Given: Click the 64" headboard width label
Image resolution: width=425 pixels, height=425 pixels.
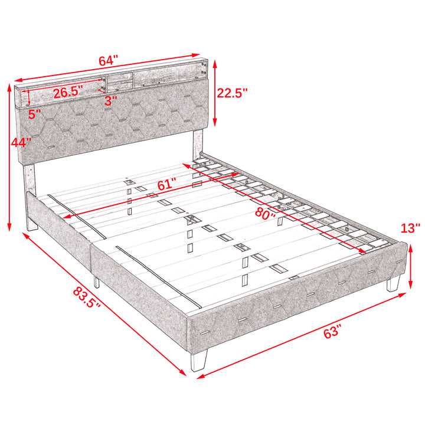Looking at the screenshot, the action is tap(109, 61).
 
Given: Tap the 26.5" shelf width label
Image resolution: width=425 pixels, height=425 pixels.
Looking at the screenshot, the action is tap(68, 92).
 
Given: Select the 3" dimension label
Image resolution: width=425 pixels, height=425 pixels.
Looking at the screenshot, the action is tap(111, 101).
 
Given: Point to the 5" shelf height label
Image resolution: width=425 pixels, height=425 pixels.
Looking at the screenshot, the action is tap(35, 114).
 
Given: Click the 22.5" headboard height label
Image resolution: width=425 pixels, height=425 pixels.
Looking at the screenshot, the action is tap(233, 93).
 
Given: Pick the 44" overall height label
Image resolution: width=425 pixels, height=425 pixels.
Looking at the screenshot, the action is tap(21, 142).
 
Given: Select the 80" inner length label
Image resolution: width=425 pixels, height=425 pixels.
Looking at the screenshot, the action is tap(266, 214).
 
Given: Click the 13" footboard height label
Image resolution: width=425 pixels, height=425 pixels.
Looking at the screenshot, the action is tap(410, 228).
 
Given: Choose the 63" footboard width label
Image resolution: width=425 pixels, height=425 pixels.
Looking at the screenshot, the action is tap(332, 331).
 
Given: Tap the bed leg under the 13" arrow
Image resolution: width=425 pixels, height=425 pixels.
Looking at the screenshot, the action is tap(393, 283).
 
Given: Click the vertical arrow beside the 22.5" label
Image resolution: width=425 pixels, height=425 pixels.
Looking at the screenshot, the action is tap(215, 93).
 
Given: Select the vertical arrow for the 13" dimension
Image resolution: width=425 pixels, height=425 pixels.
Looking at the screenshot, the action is tap(411, 266).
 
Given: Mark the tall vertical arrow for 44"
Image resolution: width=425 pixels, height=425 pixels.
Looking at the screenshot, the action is tap(9, 157).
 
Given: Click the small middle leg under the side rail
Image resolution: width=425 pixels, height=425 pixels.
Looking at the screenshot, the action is tap(96, 282).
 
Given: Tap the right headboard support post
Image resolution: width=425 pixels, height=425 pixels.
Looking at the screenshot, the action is tap(198, 143).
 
